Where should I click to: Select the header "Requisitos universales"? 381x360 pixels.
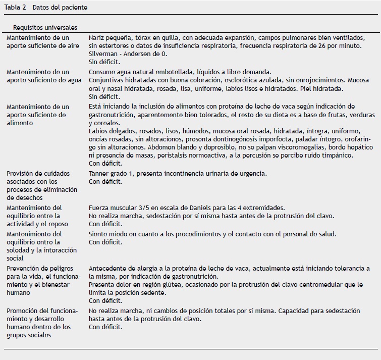click(45, 27)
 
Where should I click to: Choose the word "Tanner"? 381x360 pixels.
click(98, 173)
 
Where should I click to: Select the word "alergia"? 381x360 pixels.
click(136, 268)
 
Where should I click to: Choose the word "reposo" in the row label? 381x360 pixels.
click(57, 224)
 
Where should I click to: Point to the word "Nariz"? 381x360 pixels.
click(97, 37)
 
